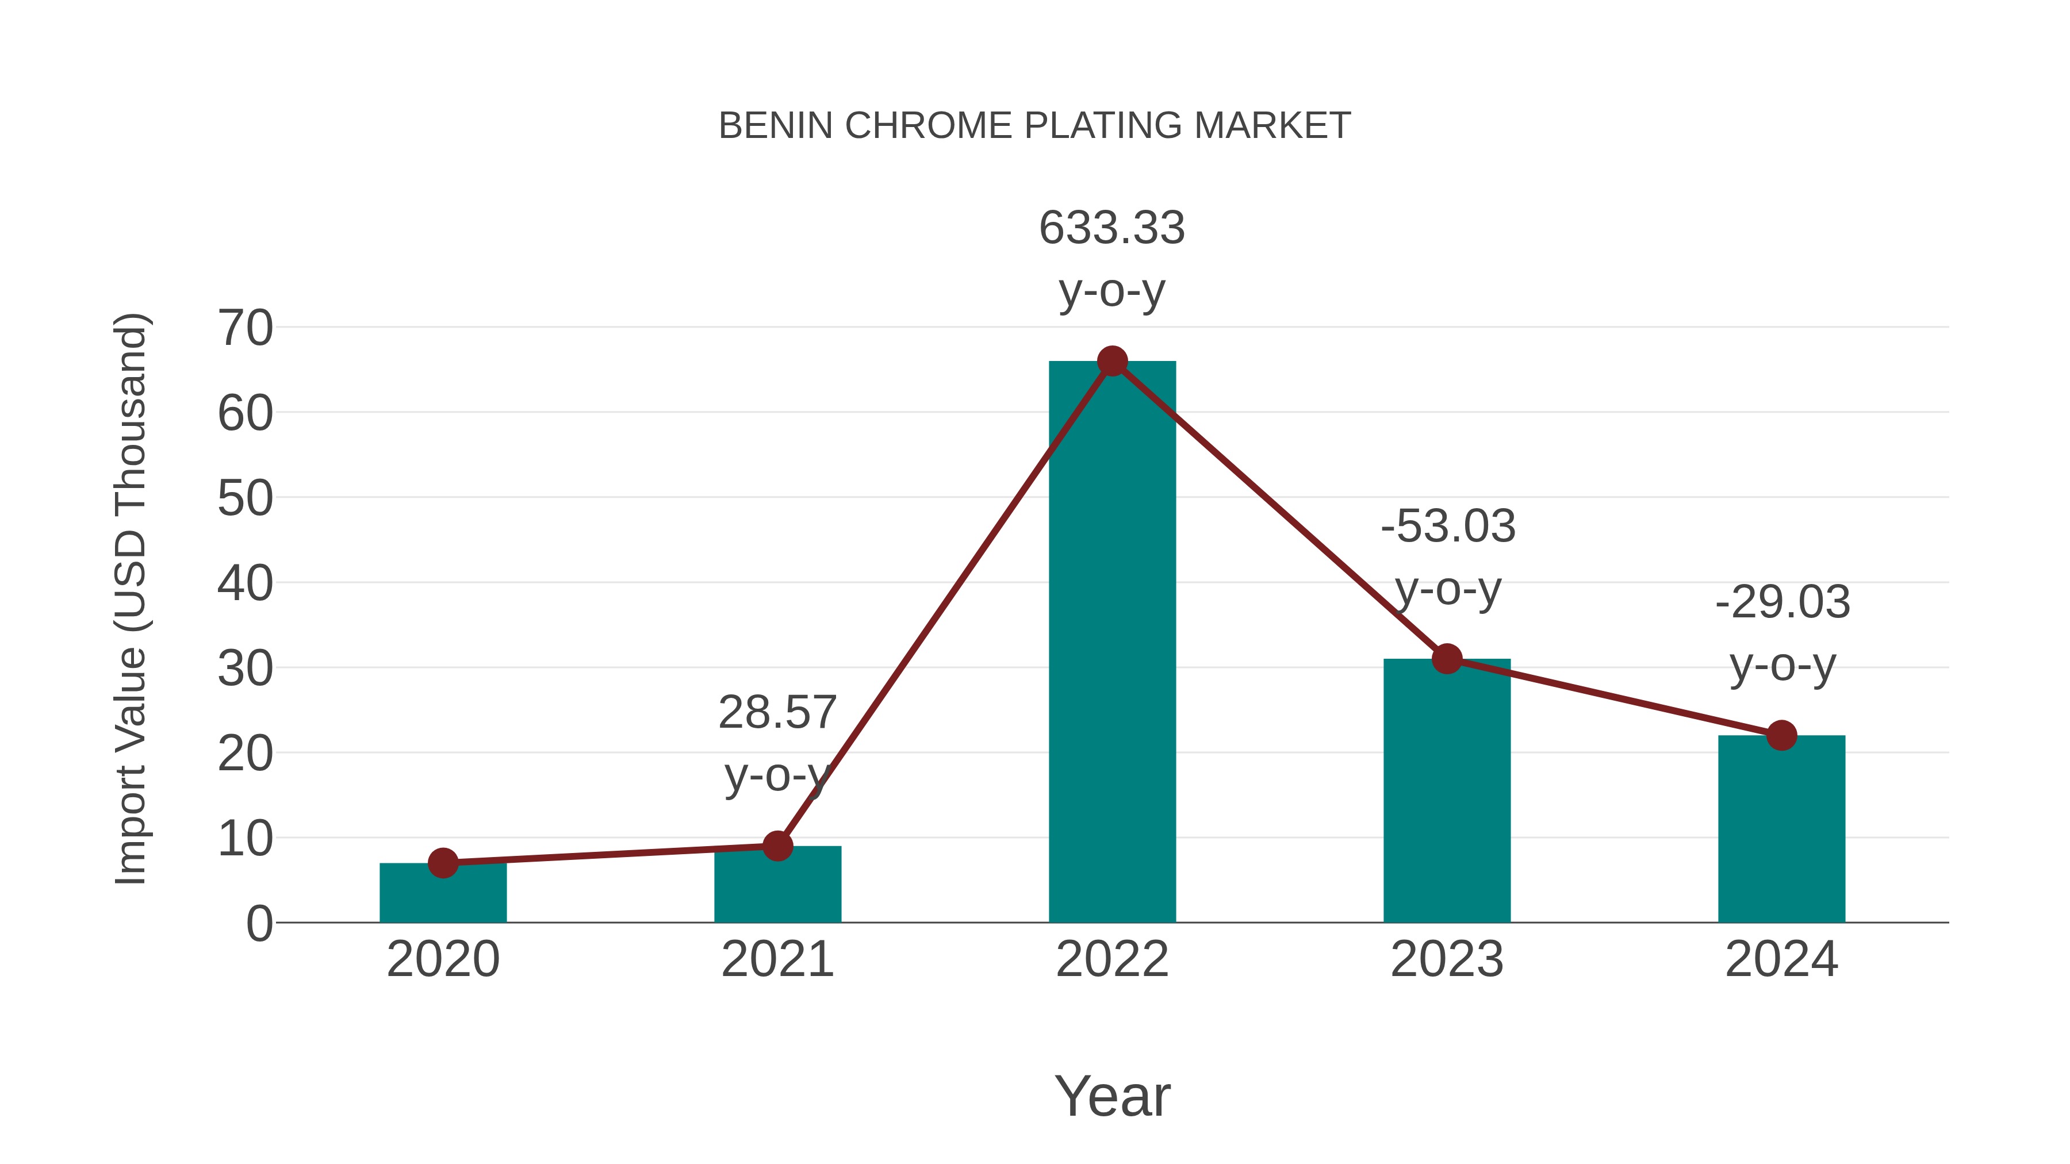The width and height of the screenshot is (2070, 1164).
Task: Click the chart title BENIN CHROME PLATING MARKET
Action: (1034, 126)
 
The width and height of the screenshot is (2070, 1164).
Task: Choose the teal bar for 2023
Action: (1447, 796)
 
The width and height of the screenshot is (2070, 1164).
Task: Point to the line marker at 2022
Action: (1112, 362)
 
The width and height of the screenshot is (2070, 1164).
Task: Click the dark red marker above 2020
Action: (443, 863)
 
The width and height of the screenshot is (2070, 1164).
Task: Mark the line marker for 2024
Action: (1781, 735)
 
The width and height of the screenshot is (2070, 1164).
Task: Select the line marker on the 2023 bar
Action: (1447, 659)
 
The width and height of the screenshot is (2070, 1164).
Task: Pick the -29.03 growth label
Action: (1782, 632)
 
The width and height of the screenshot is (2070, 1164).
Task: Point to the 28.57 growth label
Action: (777, 743)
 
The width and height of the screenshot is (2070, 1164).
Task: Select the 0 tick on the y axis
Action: (259, 923)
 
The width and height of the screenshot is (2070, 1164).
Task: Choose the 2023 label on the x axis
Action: (1447, 959)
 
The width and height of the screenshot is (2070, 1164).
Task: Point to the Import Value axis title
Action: (130, 598)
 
